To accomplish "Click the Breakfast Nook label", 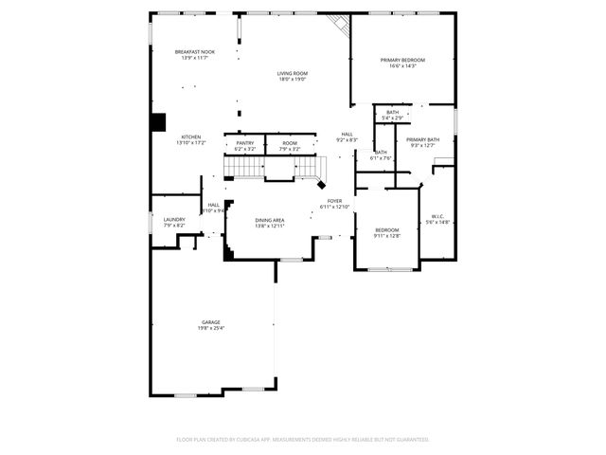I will (x=194, y=51).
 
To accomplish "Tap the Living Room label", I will (x=293, y=73).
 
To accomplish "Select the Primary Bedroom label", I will (x=402, y=60).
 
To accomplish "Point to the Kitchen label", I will (x=191, y=136).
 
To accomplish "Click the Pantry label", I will (x=244, y=143).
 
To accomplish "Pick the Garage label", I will (x=210, y=322).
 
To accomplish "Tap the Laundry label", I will (x=174, y=219).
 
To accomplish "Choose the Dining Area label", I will (x=270, y=220).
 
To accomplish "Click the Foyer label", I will (x=335, y=201).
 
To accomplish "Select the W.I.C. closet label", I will (x=438, y=216).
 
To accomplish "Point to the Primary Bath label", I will (x=421, y=139).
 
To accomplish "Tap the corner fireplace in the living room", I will (x=338, y=25).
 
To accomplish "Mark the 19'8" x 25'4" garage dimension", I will (x=210, y=328).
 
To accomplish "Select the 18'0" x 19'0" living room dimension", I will (x=293, y=79).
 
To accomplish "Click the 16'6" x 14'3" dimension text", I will (x=402, y=65).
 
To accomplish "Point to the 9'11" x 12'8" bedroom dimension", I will (x=386, y=235).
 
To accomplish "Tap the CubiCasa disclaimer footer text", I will (x=303, y=440).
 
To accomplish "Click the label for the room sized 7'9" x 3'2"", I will (x=289, y=143).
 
